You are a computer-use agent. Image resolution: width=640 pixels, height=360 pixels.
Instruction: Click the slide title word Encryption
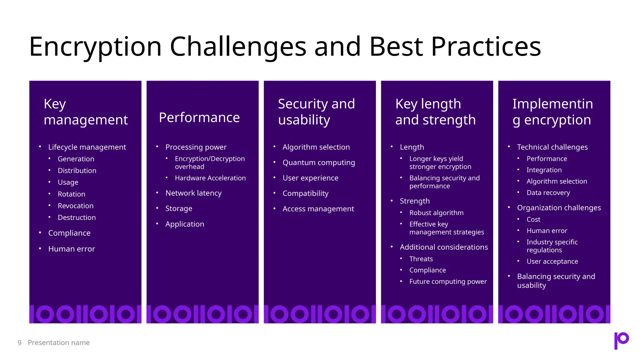pos(95,47)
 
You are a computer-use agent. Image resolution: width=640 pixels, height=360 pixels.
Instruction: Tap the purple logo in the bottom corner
pos(621,340)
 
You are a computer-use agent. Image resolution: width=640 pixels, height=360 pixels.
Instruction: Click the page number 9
pos(19,343)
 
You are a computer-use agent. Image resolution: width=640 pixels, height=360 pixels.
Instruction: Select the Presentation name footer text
pos(59,343)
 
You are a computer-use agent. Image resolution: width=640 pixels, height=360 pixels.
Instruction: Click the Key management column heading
pos(86,112)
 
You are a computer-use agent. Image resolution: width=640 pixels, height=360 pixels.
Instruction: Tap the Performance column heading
pos(199,118)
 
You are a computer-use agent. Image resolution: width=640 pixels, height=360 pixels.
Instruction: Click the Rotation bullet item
pos(71,194)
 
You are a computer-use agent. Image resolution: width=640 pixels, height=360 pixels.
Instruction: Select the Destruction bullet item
pos(77,217)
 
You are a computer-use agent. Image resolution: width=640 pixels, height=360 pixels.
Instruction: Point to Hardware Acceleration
pos(210,178)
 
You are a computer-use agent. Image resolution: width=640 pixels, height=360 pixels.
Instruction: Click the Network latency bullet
pos(193,193)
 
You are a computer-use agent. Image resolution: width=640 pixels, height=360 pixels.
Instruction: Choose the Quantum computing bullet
pos(318,162)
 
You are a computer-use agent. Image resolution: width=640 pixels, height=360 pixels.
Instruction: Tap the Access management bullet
pos(318,209)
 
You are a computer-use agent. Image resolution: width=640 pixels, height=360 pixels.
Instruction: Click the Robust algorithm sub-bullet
pos(436,213)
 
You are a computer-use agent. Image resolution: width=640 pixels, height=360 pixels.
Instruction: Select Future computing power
pos(448,282)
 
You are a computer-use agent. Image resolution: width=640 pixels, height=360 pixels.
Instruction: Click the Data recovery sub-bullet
pos(548,193)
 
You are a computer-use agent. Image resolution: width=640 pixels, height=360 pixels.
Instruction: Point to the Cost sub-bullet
pos(533,220)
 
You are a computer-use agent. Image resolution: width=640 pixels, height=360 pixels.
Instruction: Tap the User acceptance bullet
pos(552,262)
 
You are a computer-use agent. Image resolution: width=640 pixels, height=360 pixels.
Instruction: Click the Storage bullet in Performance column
pos(179,208)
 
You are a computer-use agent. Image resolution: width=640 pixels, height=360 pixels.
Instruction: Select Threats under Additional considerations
pos(421,259)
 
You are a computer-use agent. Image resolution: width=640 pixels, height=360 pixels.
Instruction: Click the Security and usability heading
pos(316,112)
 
